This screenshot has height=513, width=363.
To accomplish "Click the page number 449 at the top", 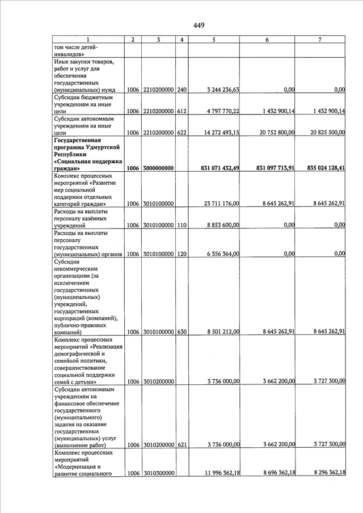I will [x=199, y=25].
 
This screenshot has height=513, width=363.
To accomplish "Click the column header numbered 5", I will [x=213, y=40].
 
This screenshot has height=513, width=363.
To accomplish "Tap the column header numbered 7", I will [x=320, y=40].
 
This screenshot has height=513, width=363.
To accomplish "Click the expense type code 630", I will [x=181, y=332].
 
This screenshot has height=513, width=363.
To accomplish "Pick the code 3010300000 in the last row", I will [x=158, y=473].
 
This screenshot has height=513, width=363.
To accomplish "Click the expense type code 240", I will [x=181, y=90].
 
